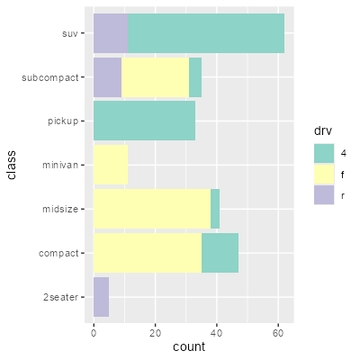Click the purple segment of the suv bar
click(111, 33)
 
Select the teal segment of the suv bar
click(206, 33)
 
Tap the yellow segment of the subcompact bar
click(155, 77)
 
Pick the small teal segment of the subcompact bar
click(195, 77)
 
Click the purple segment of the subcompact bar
click(107, 77)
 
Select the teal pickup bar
click(144, 121)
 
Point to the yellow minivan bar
click(111, 165)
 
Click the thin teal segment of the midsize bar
click(215, 209)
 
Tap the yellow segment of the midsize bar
click(152, 209)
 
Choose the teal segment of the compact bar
click(220, 253)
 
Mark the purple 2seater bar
click(101, 297)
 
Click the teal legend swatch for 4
click(324, 153)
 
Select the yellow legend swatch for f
click(324, 174)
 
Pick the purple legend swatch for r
click(324, 194)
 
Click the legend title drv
click(323, 130)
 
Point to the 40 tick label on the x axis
click(217, 333)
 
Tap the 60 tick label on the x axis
click(278, 333)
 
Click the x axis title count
click(189, 346)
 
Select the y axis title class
click(12, 165)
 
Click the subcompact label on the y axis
click(50, 78)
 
